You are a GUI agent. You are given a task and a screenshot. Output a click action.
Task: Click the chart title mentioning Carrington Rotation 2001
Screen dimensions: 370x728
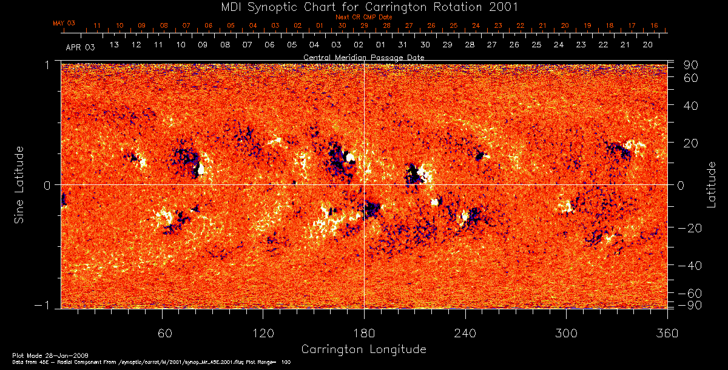pyautogui.click(x=363, y=7)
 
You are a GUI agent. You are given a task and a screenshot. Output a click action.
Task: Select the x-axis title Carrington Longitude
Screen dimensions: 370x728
pyautogui.click(x=363, y=349)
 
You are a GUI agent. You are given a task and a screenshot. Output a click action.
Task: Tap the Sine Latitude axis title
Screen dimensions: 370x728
pyautogui.click(x=19, y=184)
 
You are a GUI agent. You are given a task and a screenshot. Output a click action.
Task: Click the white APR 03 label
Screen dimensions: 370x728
pyautogui.click(x=80, y=47)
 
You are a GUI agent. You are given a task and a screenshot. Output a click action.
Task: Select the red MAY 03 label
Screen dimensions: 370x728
pyautogui.click(x=64, y=23)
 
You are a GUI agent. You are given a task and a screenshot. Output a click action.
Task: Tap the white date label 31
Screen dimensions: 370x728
pyautogui.click(x=403, y=45)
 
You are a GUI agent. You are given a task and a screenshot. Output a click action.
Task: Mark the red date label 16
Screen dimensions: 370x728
pyautogui.click(x=654, y=25)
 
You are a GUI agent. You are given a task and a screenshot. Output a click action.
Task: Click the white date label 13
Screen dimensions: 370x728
pyautogui.click(x=113, y=45)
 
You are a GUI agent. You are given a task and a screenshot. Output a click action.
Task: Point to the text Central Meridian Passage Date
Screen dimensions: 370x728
pyautogui.click(x=363, y=57)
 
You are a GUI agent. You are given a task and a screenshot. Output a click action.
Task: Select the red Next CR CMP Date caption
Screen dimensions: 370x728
pyautogui.click(x=363, y=17)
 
